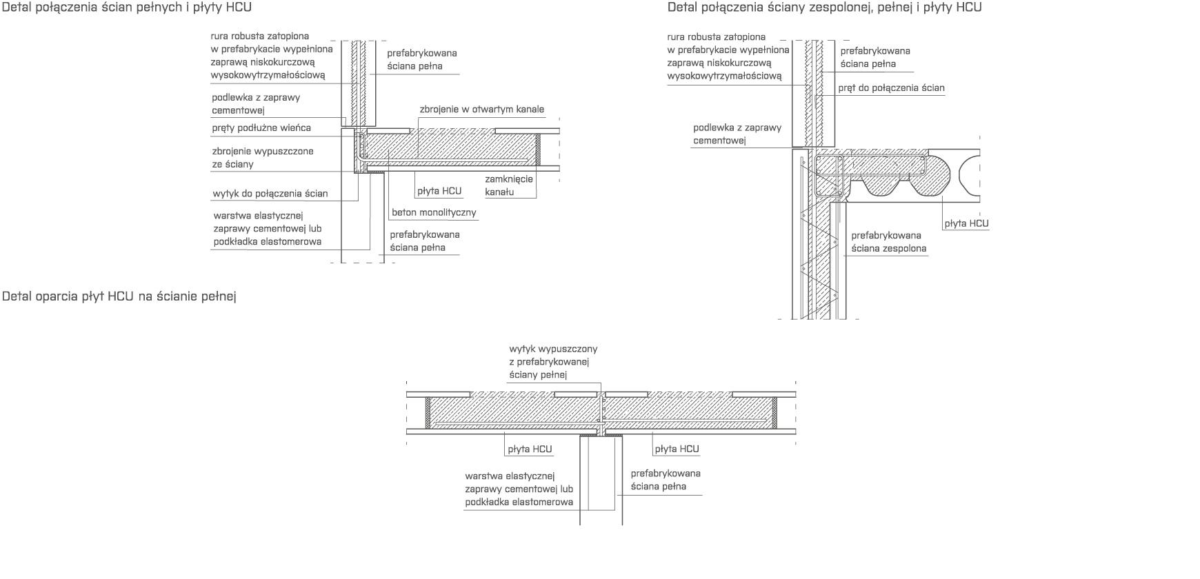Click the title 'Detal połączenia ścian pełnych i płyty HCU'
pyautogui.click(x=127, y=8)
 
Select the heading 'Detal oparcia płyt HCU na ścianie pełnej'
pyautogui.click(x=119, y=297)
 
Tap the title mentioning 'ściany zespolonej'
pyautogui.click(x=824, y=8)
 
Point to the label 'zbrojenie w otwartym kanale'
pyautogui.click(x=481, y=110)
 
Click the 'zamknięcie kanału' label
pyautogui.click(x=509, y=185)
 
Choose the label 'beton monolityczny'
pyautogui.click(x=434, y=212)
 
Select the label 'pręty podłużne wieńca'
pyautogui.click(x=261, y=128)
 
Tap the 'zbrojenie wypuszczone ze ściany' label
pyautogui.click(x=263, y=158)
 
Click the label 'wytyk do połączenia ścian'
pyautogui.click(x=270, y=194)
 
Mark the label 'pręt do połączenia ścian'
pyautogui.click(x=891, y=88)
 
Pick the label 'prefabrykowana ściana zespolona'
pyautogui.click(x=888, y=242)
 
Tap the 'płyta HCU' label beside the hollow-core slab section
pyautogui.click(x=966, y=223)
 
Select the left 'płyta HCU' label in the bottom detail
pyautogui.click(x=530, y=449)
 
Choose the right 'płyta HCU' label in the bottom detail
pyautogui.click(x=677, y=449)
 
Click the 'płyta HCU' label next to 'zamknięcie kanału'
pyautogui.click(x=439, y=191)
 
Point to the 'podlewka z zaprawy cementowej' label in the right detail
pyautogui.click(x=737, y=134)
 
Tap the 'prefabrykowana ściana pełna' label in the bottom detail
pyautogui.click(x=666, y=480)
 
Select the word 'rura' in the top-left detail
pyautogui.click(x=221, y=36)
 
